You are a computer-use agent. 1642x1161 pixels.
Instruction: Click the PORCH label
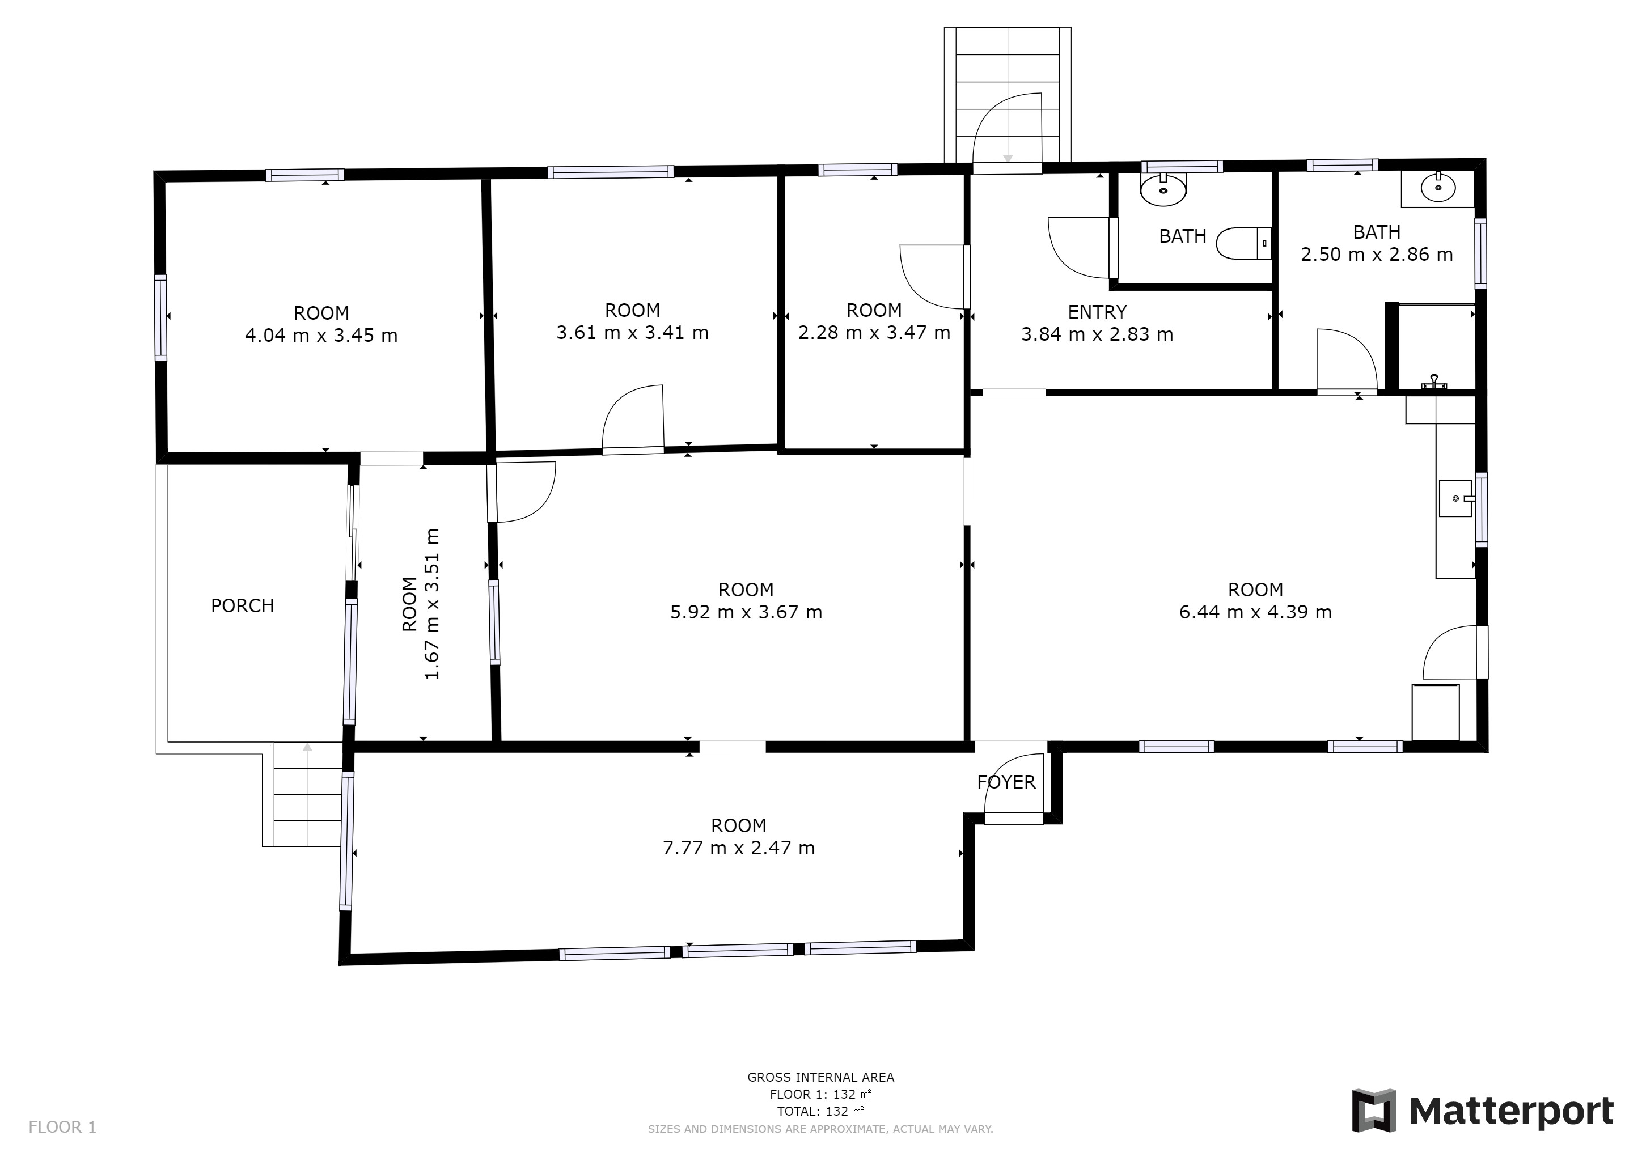(243, 606)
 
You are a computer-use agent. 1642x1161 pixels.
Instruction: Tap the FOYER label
(1006, 782)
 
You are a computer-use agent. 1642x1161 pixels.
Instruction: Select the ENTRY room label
(1097, 312)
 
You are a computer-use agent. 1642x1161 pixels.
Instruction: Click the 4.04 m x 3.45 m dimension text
(321, 335)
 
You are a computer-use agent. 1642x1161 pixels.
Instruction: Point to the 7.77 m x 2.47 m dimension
(739, 848)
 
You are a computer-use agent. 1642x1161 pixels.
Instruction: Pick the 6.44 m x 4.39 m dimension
(1255, 612)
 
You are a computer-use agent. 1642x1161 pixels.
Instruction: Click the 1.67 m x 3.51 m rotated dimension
(431, 604)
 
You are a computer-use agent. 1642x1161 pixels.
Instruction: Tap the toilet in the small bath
(1243, 243)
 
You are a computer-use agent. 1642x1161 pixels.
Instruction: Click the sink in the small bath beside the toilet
(1163, 189)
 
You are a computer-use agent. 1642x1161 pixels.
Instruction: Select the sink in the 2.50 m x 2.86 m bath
(1437, 189)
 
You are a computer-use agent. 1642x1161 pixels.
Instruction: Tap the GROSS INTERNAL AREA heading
(821, 1077)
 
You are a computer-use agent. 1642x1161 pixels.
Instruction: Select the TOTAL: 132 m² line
(821, 1112)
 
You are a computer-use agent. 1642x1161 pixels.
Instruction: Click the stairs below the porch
(307, 794)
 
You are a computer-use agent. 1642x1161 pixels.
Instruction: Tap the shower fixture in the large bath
(1434, 381)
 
